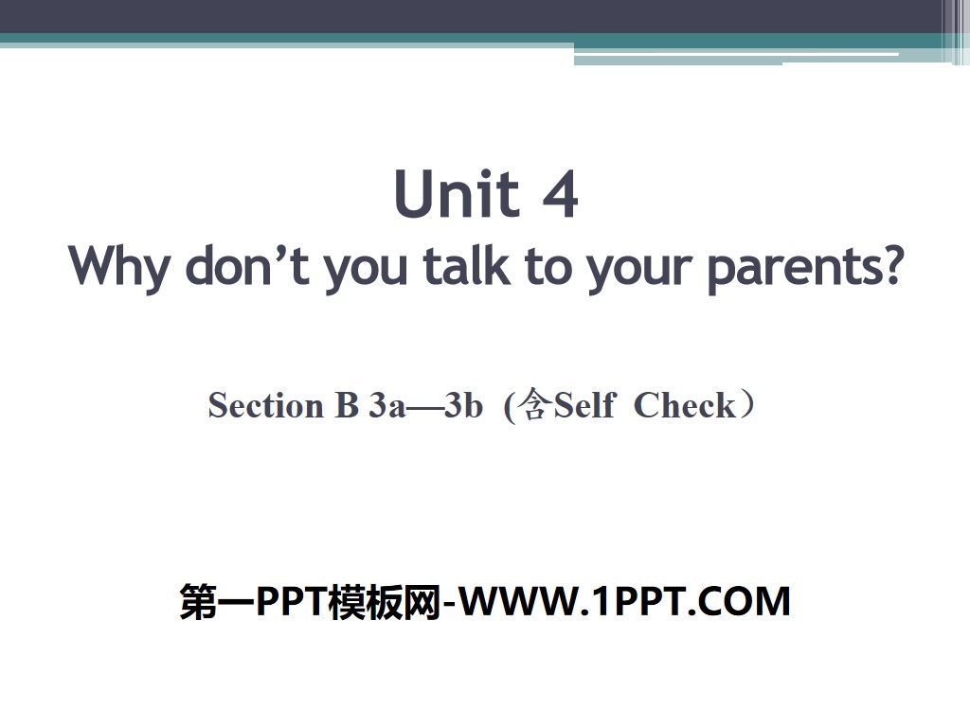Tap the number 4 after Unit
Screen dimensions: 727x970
point(560,195)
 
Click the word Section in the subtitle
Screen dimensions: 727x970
point(265,405)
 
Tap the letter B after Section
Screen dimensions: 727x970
point(344,405)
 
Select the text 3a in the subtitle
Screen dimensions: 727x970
point(387,405)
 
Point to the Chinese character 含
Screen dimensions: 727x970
point(534,406)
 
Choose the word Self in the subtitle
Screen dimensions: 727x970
point(584,405)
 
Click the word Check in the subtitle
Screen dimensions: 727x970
point(684,405)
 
